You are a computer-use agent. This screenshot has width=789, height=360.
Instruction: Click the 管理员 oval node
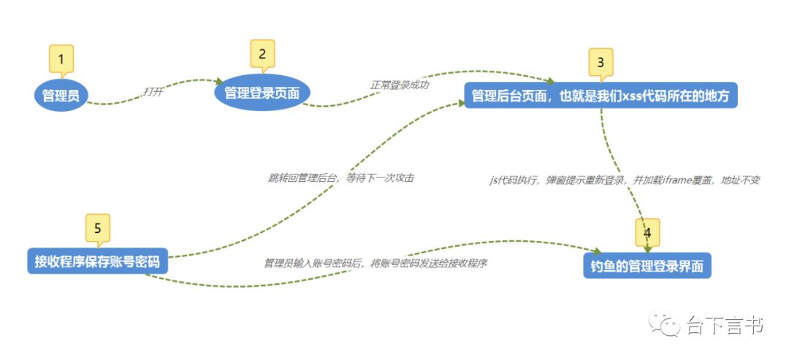click(61, 95)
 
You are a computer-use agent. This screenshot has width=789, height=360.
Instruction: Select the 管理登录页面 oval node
click(262, 93)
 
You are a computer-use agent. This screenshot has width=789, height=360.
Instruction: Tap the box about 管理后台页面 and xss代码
click(601, 96)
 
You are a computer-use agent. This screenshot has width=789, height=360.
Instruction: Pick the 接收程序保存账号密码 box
click(98, 260)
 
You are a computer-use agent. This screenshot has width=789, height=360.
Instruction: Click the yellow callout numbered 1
click(61, 58)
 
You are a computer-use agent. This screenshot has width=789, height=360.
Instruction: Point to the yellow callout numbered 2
click(262, 53)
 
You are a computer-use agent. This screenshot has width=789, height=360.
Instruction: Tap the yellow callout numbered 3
click(601, 63)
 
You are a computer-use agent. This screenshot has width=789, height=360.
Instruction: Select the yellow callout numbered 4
click(647, 233)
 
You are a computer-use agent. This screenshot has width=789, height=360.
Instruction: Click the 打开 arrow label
click(153, 92)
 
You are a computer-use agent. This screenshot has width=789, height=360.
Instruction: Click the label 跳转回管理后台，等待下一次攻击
click(341, 177)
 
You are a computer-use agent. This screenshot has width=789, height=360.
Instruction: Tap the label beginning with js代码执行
click(625, 180)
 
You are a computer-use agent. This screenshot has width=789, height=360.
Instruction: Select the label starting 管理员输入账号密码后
click(376, 263)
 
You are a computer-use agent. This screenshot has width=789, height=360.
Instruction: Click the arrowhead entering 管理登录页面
click(218, 82)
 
